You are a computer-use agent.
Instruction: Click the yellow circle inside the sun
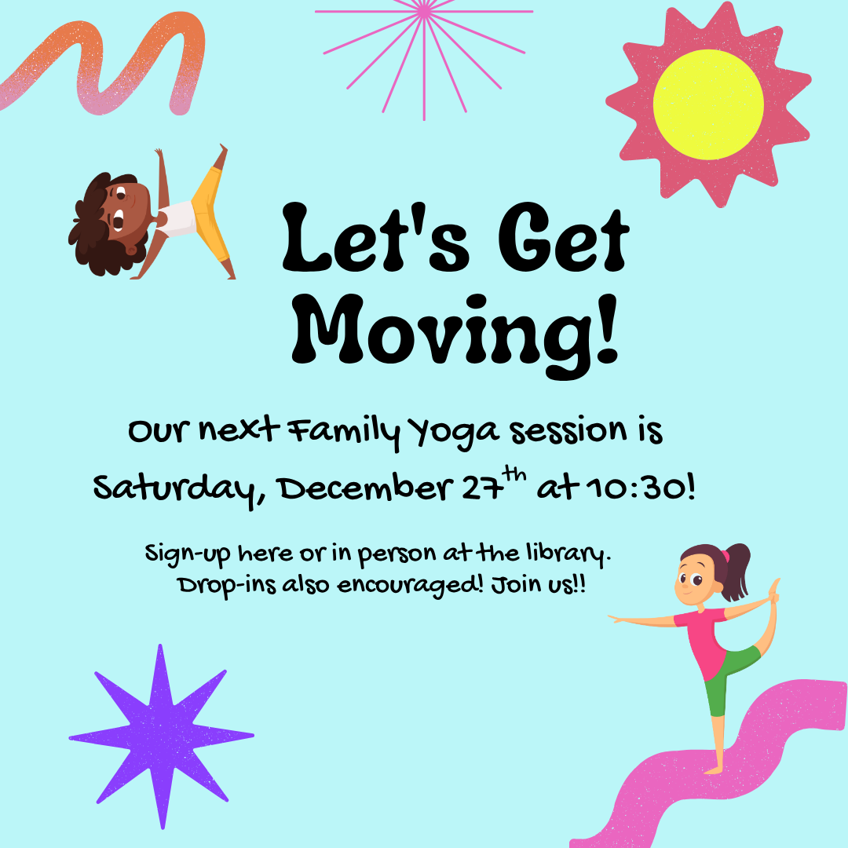708,104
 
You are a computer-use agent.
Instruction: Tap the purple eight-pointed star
161,736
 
